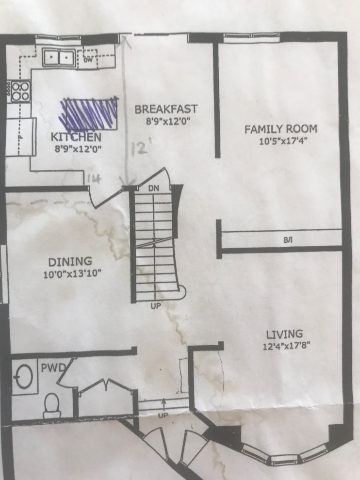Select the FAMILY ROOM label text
(280, 129)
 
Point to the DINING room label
(73, 262)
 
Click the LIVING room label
(284, 334)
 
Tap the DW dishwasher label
(88, 60)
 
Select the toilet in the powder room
(51, 404)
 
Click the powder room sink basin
(23, 377)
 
